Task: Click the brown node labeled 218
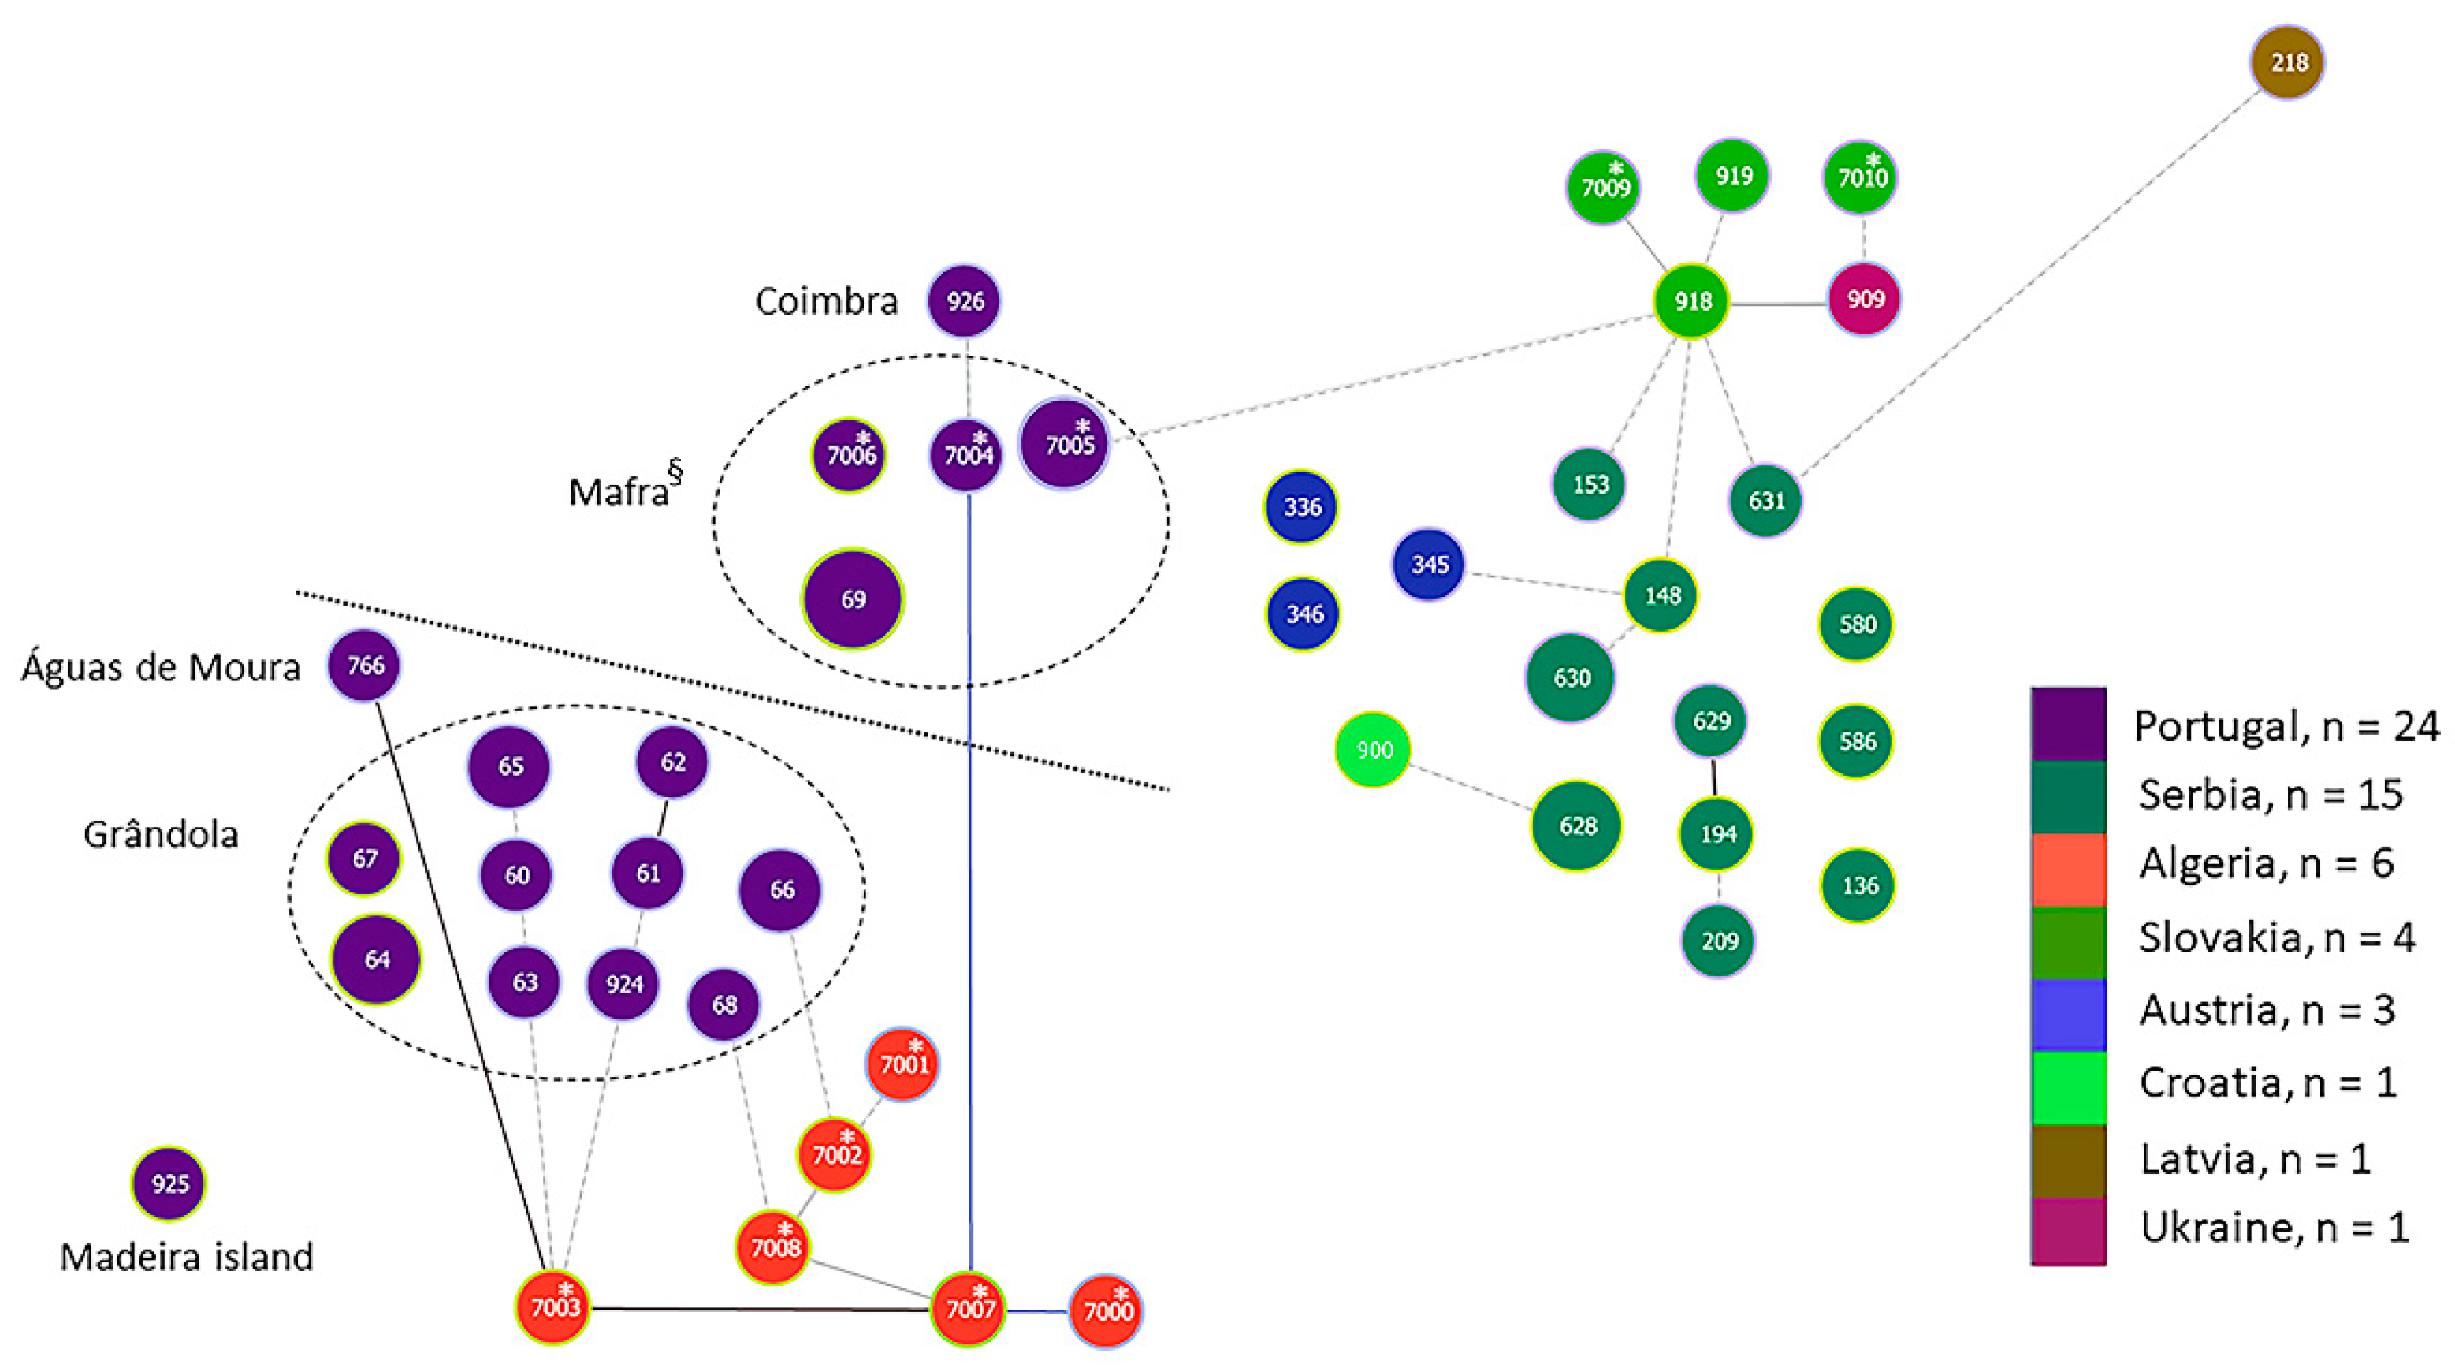tap(2287, 63)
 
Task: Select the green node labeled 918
tap(1691, 301)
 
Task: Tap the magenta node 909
tap(1864, 300)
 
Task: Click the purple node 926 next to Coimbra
tap(965, 301)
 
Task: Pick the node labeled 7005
tap(1066, 444)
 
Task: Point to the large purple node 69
tap(853, 599)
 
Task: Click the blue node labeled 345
tap(1429, 565)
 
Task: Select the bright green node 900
tap(1372, 751)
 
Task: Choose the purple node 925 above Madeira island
tap(169, 1184)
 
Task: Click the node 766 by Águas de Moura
tap(365, 665)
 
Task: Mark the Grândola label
tap(160, 835)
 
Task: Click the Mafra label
tap(619, 492)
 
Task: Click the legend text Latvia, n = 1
tap(2255, 1159)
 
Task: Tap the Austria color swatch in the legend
tap(2068, 1014)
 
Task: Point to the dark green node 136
tap(1858, 886)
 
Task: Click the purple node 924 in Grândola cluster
tap(623, 984)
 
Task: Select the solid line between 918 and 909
tap(1777, 304)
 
